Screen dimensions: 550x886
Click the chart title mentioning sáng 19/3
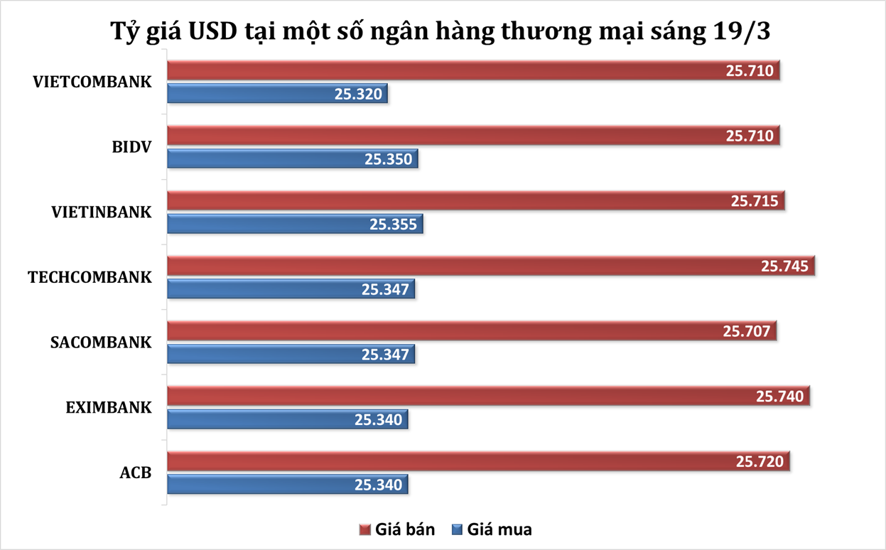(x=443, y=31)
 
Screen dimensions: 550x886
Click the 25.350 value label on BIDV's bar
(x=389, y=159)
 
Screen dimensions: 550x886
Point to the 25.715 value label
(x=756, y=201)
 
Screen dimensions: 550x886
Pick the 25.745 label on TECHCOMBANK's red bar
(x=785, y=266)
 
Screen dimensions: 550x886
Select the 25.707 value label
(x=747, y=331)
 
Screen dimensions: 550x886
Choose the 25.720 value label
(x=760, y=462)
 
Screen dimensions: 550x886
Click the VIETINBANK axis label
(x=101, y=212)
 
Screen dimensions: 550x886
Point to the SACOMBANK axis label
(x=101, y=342)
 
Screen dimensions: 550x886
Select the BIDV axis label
(x=131, y=146)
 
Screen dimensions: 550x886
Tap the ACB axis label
(x=135, y=472)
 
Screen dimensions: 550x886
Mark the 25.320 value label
(x=359, y=95)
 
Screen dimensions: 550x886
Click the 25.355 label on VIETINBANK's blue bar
(x=394, y=225)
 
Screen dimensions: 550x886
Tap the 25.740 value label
(x=780, y=397)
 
